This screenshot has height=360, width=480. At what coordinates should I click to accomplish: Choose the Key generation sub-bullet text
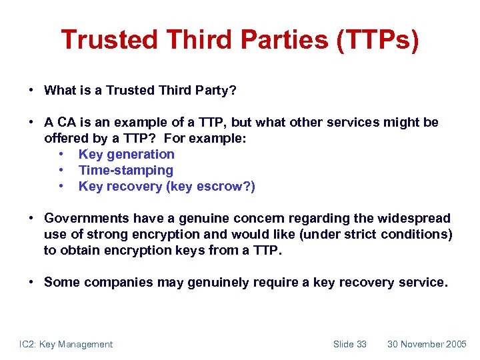click(x=126, y=154)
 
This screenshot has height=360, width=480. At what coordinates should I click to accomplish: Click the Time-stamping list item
click(x=125, y=170)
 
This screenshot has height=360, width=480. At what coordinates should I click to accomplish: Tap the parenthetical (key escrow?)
click(x=211, y=186)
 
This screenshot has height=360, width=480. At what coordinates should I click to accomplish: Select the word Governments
click(x=87, y=218)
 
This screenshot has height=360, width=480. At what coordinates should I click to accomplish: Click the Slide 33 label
click(x=350, y=344)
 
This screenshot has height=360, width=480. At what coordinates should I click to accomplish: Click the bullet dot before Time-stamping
click(x=61, y=171)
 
